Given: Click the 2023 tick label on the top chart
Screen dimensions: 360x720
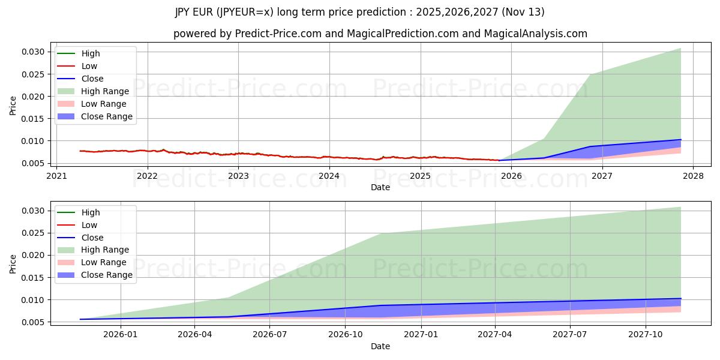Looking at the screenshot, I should (x=238, y=176).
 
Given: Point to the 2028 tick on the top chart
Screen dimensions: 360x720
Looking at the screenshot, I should (x=693, y=176).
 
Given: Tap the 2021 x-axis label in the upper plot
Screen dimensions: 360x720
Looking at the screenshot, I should (x=56, y=176).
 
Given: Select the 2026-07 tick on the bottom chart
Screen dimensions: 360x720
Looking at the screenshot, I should (x=269, y=335).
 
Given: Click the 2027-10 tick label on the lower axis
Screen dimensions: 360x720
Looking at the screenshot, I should (x=646, y=335).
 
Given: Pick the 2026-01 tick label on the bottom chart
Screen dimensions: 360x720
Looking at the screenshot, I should (x=121, y=335).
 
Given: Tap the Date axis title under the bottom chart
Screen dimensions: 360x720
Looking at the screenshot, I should (x=380, y=346).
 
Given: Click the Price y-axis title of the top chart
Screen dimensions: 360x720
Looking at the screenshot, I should (x=13, y=106).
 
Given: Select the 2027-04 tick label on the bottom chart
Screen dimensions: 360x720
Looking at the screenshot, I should (x=495, y=335).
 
